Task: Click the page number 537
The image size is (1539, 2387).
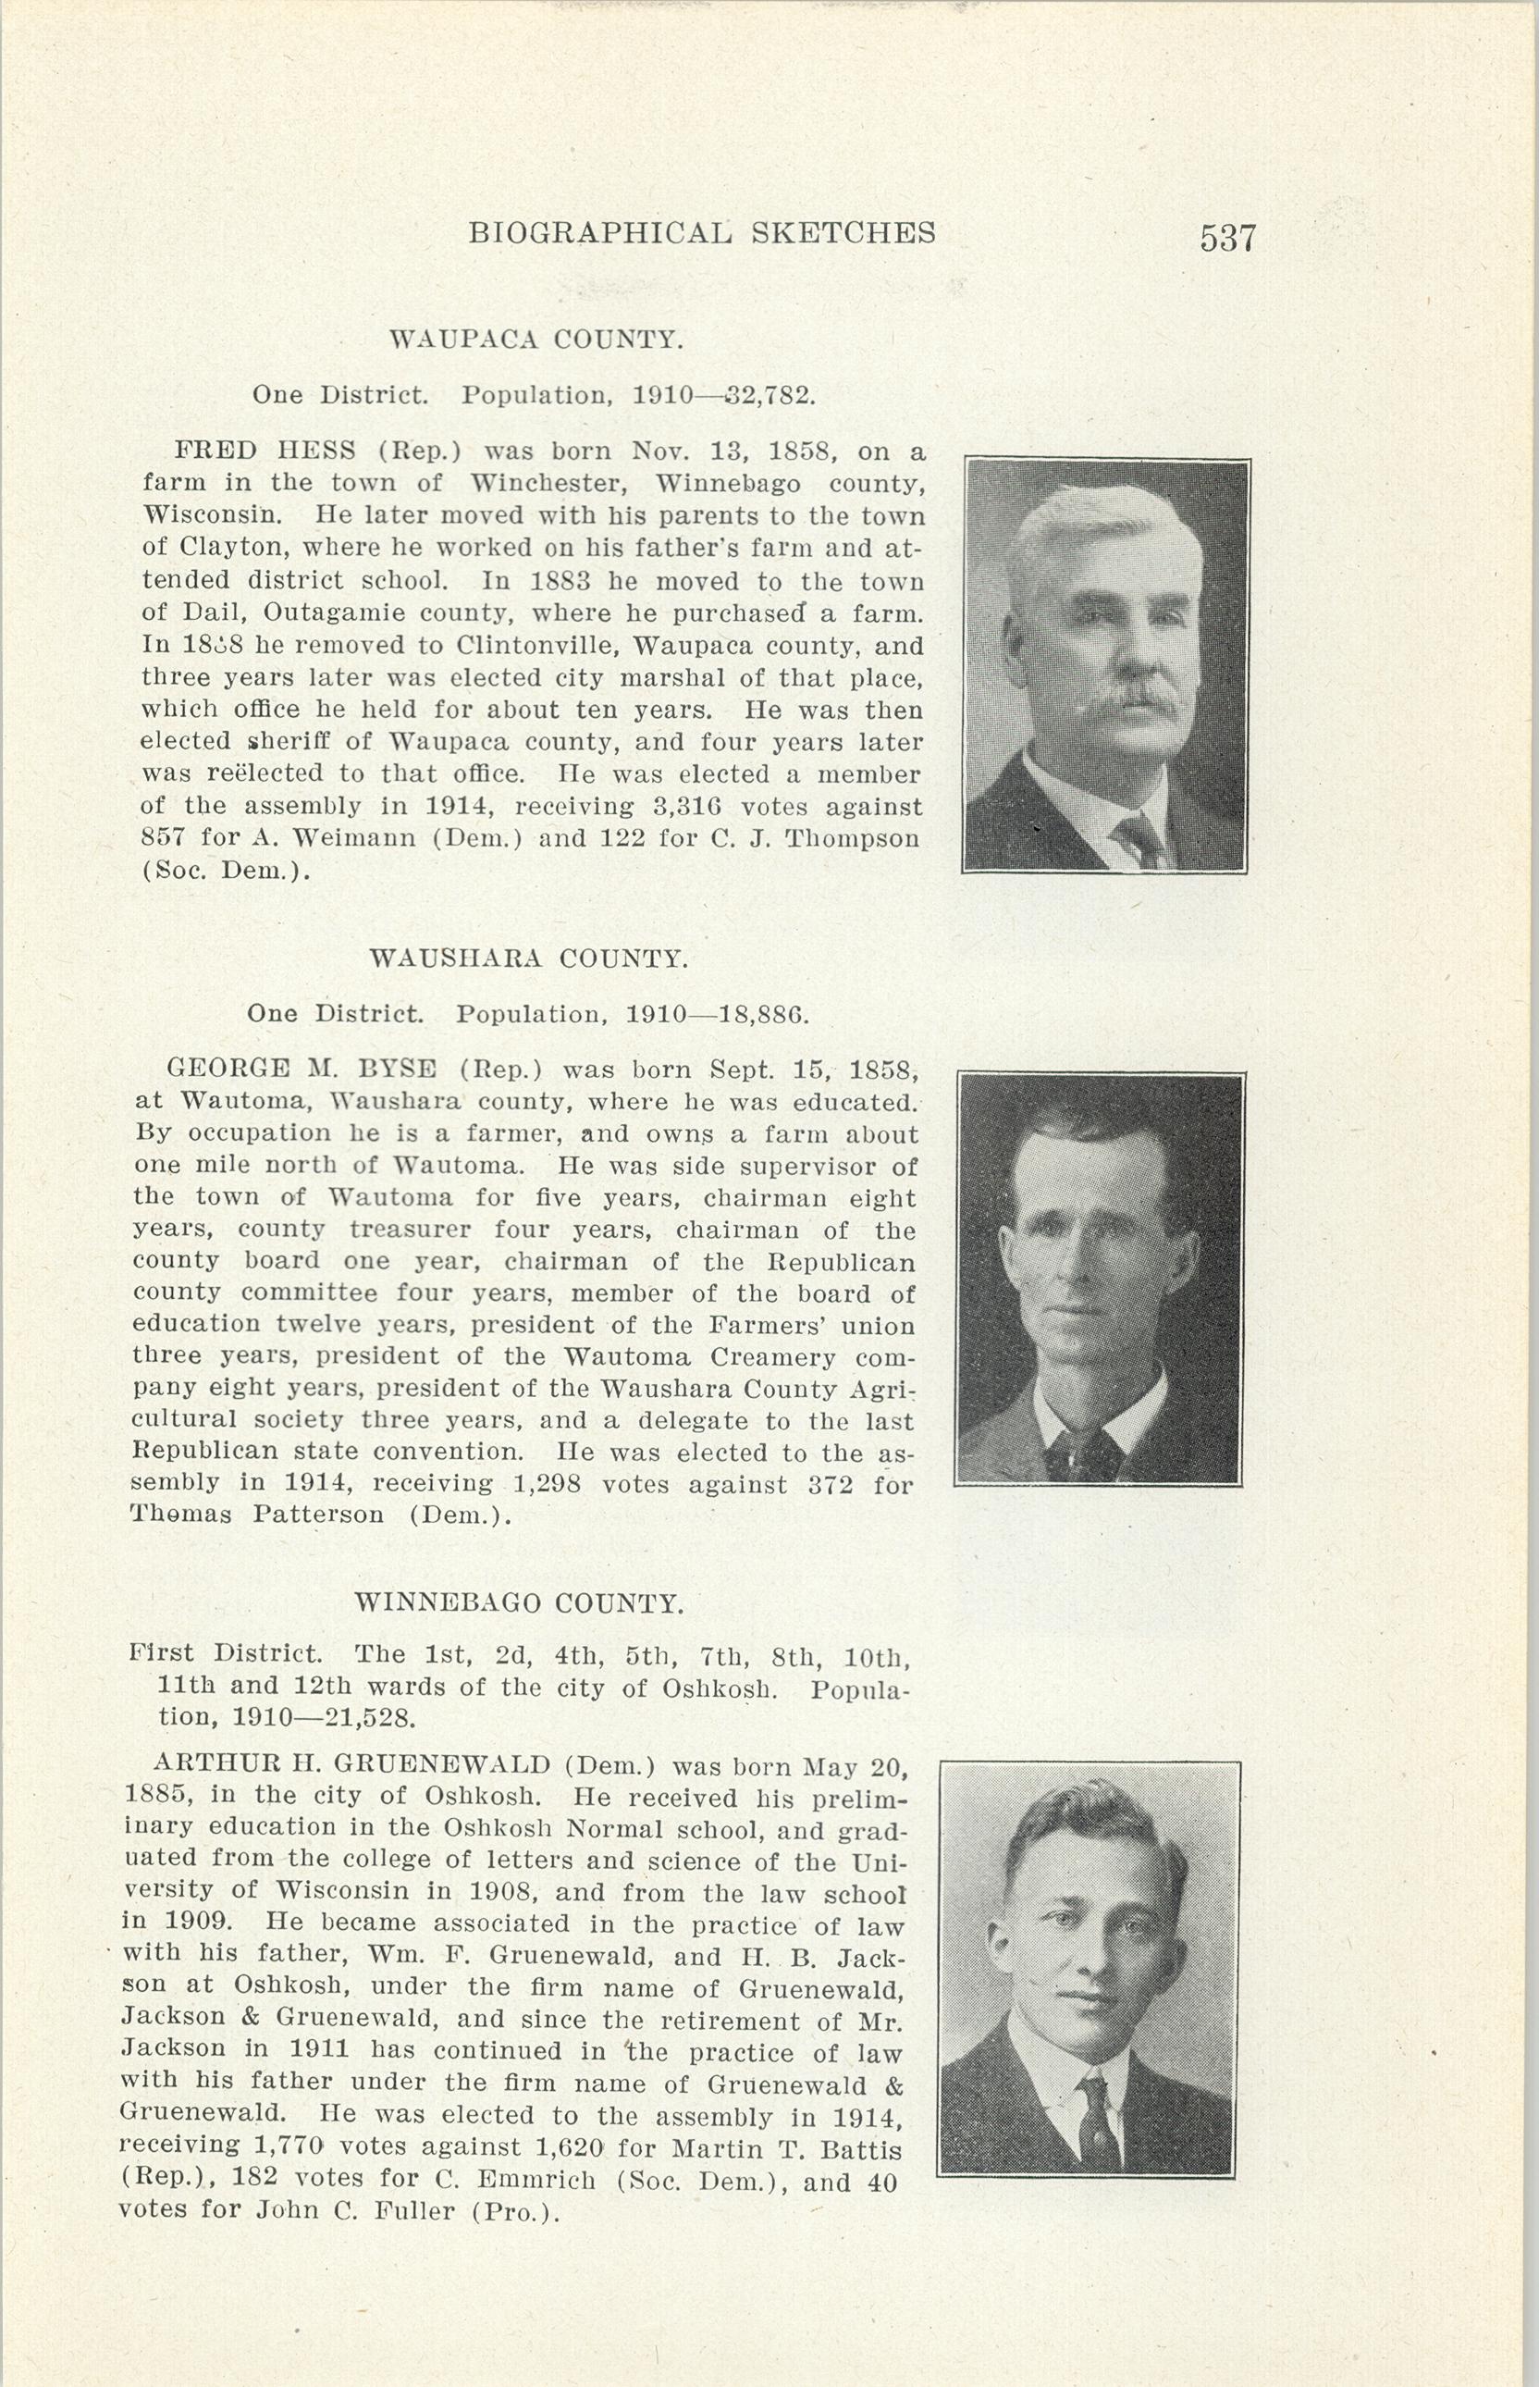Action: (x=1226, y=239)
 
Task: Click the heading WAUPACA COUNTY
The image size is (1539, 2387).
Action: (x=536, y=340)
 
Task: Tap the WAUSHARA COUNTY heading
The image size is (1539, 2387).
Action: (x=529, y=959)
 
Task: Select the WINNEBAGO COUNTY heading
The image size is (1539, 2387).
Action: (x=520, y=1604)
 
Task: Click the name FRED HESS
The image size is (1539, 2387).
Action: (x=265, y=451)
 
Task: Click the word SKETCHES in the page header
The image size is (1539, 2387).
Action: (x=843, y=233)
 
